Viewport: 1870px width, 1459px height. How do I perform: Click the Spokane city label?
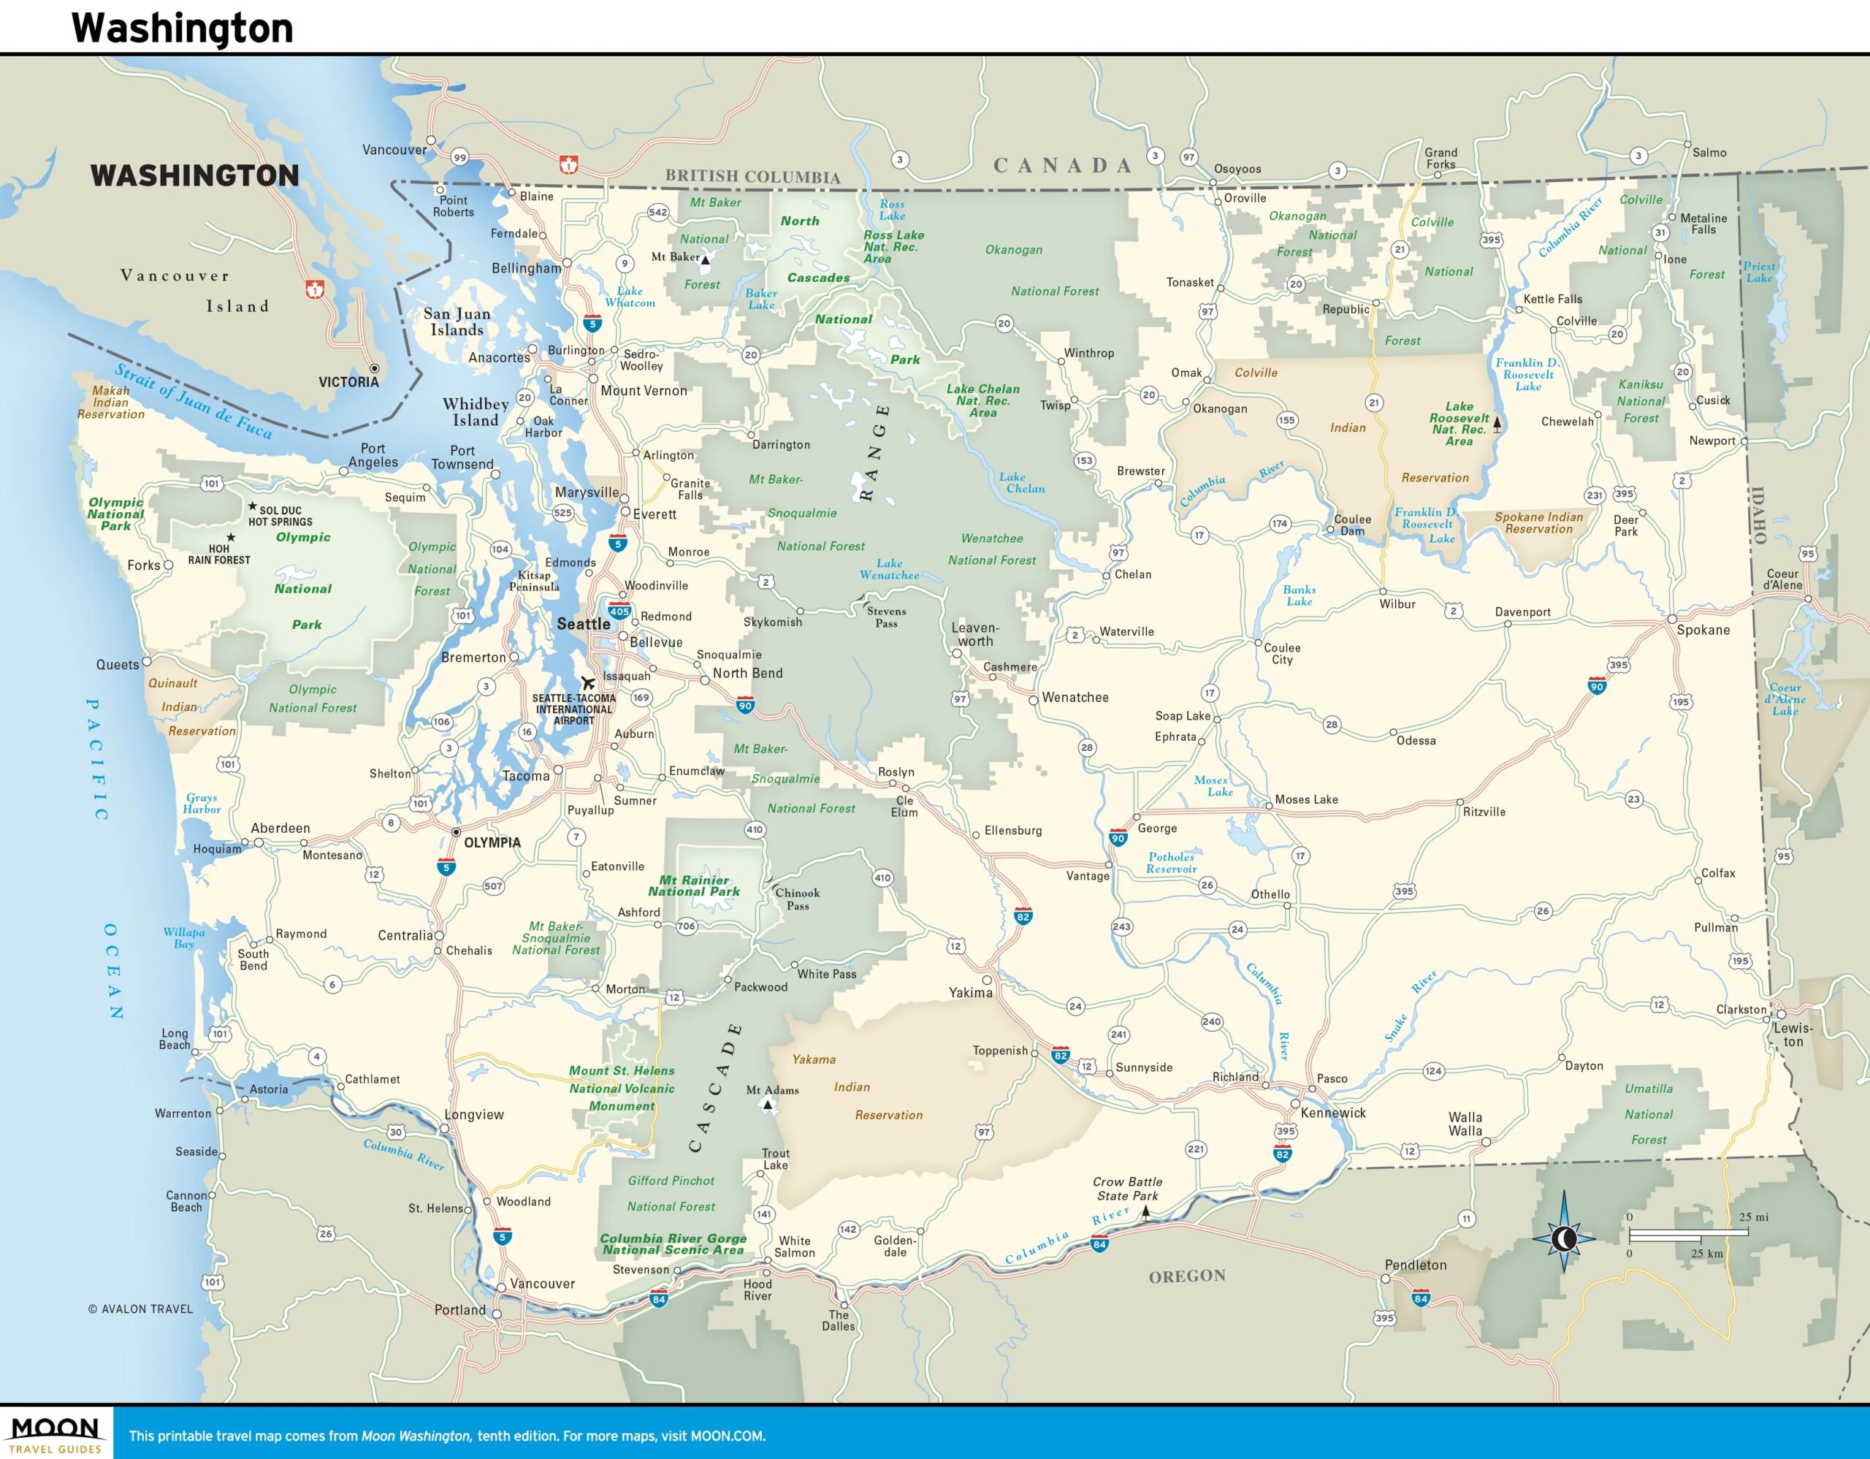tap(1702, 631)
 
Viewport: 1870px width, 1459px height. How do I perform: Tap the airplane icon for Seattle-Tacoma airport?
tap(587, 682)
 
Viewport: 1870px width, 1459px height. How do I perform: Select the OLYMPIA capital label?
tap(492, 842)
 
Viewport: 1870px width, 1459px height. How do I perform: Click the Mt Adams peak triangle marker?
tap(768, 1105)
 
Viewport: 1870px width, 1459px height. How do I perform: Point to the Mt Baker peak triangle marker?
tap(706, 259)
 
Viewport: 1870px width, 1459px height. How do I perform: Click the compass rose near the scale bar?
tap(1563, 1237)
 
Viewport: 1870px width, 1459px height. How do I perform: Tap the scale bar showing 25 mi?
tap(1687, 1234)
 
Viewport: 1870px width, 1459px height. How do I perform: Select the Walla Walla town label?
tap(1465, 1124)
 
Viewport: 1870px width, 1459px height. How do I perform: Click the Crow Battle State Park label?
tap(1127, 1189)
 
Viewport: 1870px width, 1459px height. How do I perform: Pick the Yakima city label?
tap(970, 992)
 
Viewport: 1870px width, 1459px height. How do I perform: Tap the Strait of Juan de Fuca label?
tap(194, 400)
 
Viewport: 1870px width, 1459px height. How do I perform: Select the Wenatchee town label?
tap(1075, 698)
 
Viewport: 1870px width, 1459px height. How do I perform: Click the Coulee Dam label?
tap(1352, 525)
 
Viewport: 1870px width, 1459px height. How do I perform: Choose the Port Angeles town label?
tap(373, 455)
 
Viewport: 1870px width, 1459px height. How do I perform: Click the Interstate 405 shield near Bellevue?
tap(619, 612)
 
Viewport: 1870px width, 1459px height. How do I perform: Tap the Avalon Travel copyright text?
tap(140, 1309)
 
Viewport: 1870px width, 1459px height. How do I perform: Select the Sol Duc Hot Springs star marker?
tap(253, 507)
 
